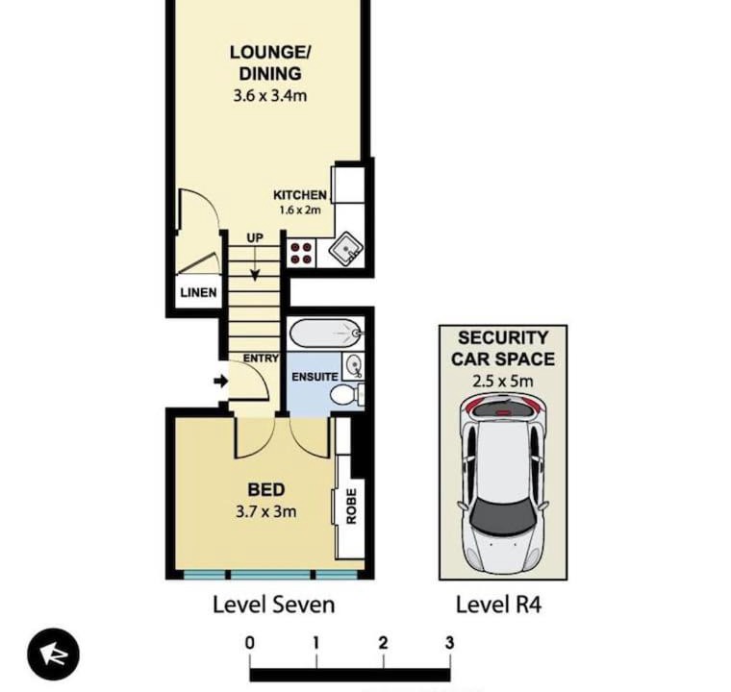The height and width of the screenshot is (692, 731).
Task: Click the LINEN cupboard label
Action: [x=198, y=292]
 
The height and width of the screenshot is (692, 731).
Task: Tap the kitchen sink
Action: [x=345, y=250]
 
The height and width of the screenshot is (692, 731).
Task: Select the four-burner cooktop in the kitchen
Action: [x=301, y=253]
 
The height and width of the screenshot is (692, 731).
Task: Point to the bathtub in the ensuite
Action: [x=326, y=333]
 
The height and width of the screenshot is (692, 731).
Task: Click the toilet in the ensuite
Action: [x=347, y=395]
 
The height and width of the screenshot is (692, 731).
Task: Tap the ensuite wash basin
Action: [x=353, y=366]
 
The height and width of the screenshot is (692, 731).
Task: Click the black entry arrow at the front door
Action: [x=220, y=382]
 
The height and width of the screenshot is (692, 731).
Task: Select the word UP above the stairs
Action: [x=255, y=238]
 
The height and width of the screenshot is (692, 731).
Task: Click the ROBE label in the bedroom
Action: [x=351, y=507]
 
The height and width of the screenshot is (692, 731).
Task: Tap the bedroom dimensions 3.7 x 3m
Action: [x=265, y=511]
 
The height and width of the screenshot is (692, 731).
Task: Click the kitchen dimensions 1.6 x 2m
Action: [x=300, y=210]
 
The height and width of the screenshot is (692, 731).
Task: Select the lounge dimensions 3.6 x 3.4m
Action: [x=270, y=96]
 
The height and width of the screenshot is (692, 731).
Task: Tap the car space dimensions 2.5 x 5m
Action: [x=502, y=382]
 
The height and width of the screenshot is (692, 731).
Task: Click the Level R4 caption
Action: [x=498, y=605]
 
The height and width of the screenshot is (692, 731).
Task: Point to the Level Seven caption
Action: [x=274, y=605]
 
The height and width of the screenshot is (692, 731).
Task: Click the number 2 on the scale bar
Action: [x=383, y=643]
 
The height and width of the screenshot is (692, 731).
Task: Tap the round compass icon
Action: [x=53, y=654]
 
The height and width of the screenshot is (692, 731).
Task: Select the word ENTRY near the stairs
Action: [x=261, y=358]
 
